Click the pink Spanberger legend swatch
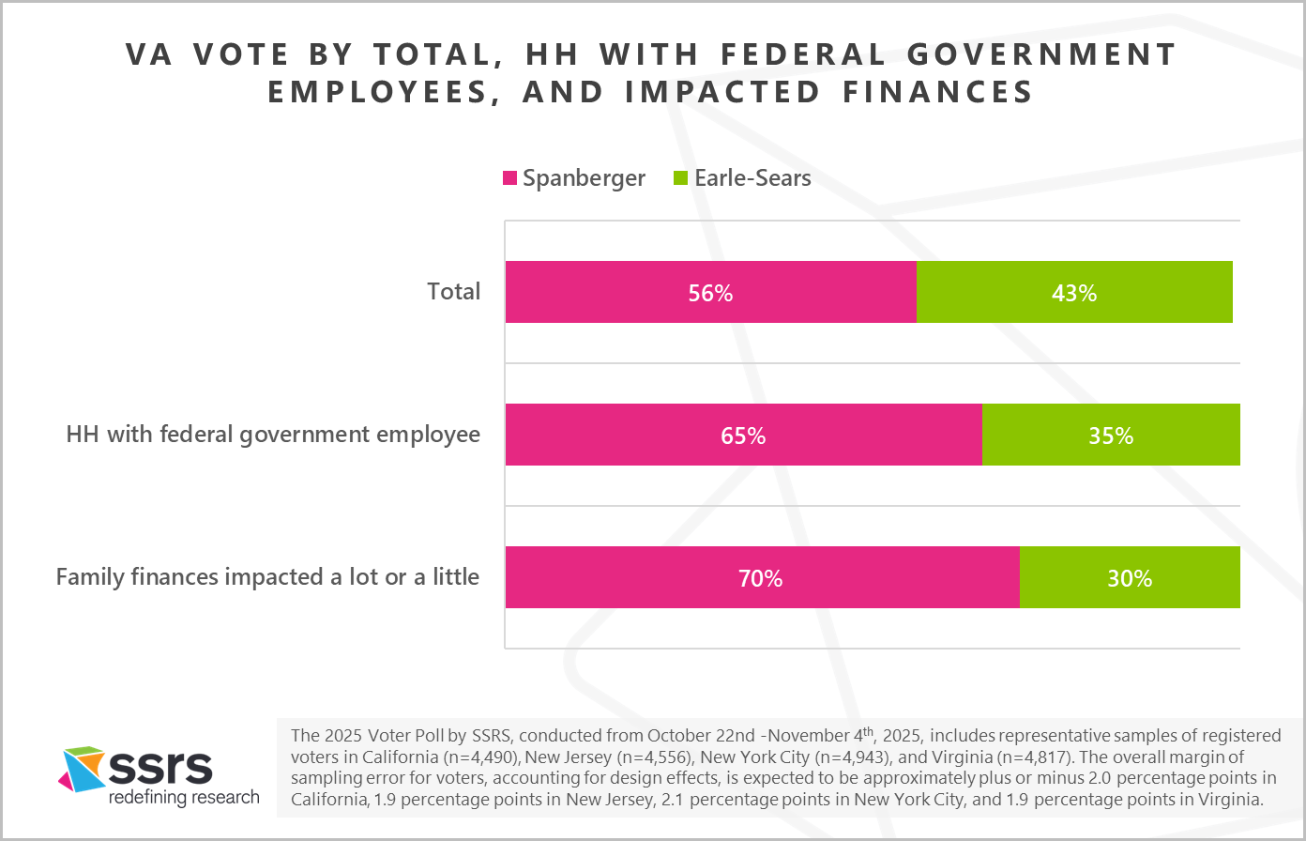[x=510, y=178]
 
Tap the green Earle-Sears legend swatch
[x=681, y=178]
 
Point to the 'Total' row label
[x=453, y=292]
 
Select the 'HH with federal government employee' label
[x=273, y=435]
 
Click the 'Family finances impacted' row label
[x=267, y=577]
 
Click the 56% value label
[x=710, y=293]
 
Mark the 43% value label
[x=1073, y=293]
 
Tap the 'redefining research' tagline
[x=184, y=798]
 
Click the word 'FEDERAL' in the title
[x=803, y=54]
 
